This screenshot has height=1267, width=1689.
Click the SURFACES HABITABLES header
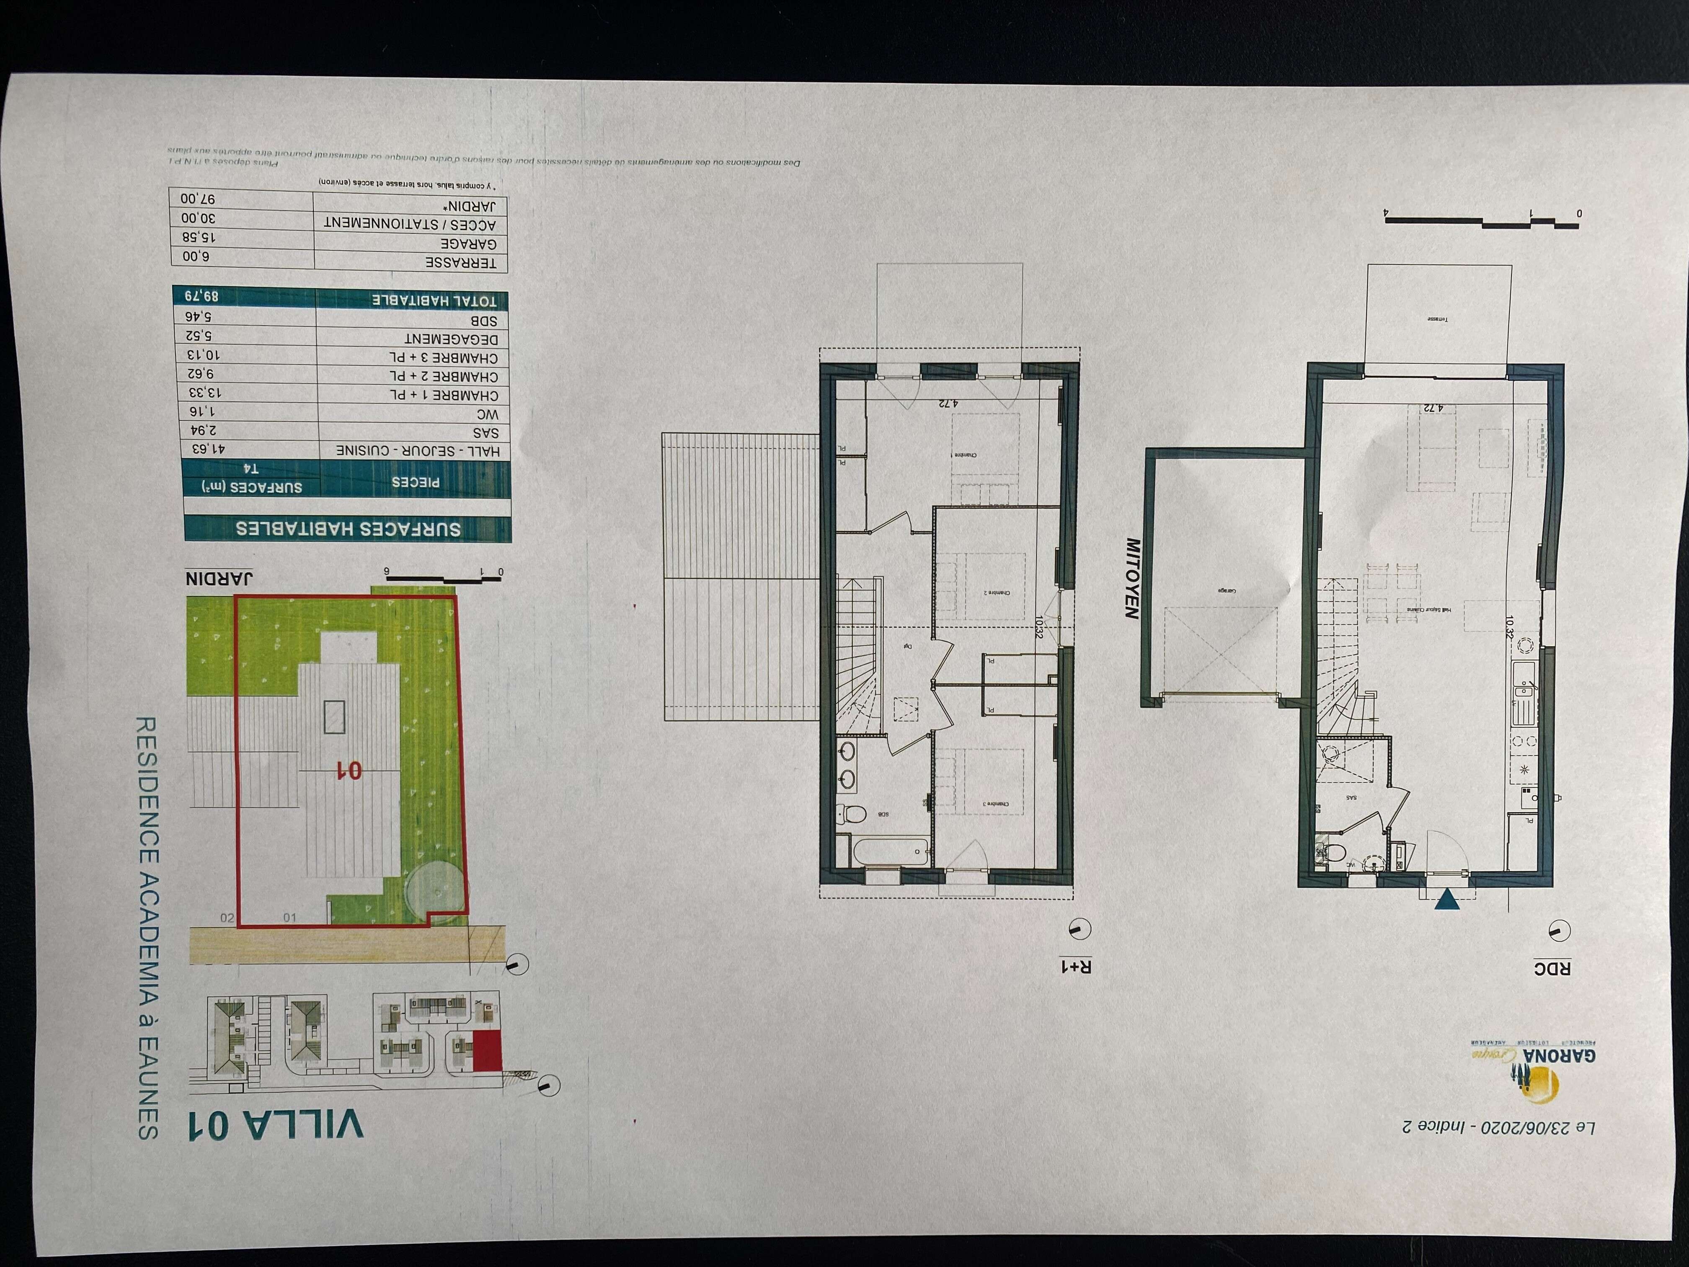(347, 528)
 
